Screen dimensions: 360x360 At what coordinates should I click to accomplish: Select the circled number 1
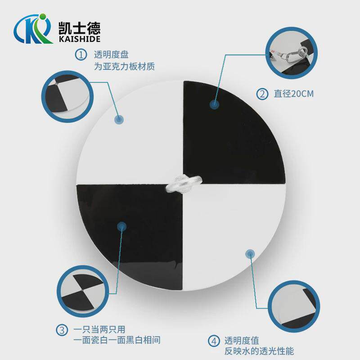click(x=81, y=55)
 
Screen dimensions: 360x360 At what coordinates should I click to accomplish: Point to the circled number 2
click(x=261, y=94)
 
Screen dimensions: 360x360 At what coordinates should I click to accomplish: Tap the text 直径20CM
click(x=293, y=94)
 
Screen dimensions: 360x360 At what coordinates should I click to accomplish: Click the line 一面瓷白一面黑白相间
click(x=117, y=341)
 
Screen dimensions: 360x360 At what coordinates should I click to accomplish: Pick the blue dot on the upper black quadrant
click(x=215, y=104)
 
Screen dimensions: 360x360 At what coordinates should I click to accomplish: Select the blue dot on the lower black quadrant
click(x=121, y=226)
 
